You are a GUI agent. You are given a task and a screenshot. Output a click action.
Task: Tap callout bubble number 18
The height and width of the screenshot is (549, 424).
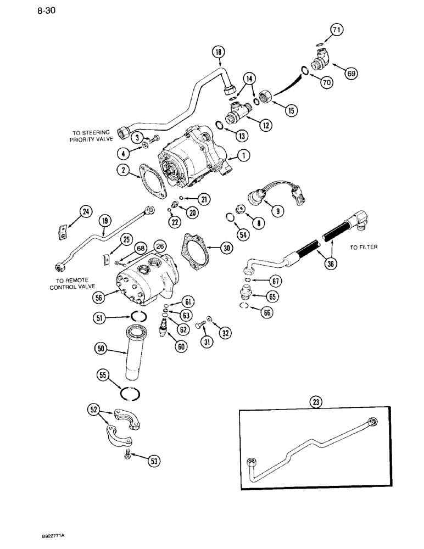(x=219, y=53)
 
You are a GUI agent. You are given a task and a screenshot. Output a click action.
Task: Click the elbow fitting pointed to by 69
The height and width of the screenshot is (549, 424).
(x=320, y=57)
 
